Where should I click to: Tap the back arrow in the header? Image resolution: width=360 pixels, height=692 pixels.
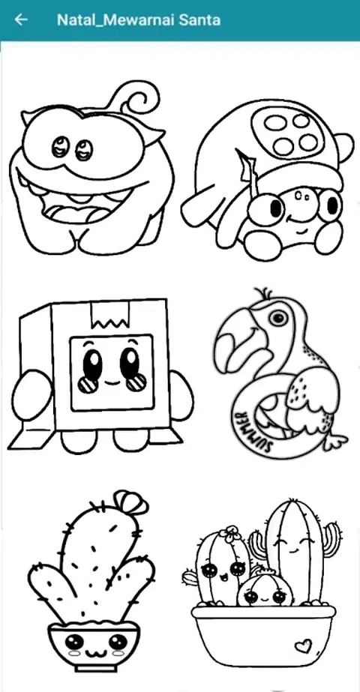point(21,19)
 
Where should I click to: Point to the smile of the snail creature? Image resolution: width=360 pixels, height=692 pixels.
point(298,219)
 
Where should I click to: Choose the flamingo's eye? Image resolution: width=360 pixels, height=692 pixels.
point(277,317)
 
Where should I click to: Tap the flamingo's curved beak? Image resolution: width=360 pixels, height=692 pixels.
point(234,340)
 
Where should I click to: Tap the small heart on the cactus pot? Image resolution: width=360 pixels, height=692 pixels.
point(303,646)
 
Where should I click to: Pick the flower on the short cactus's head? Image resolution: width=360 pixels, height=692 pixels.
point(230,534)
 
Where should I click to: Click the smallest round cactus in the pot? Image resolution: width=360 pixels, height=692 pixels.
point(264,589)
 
